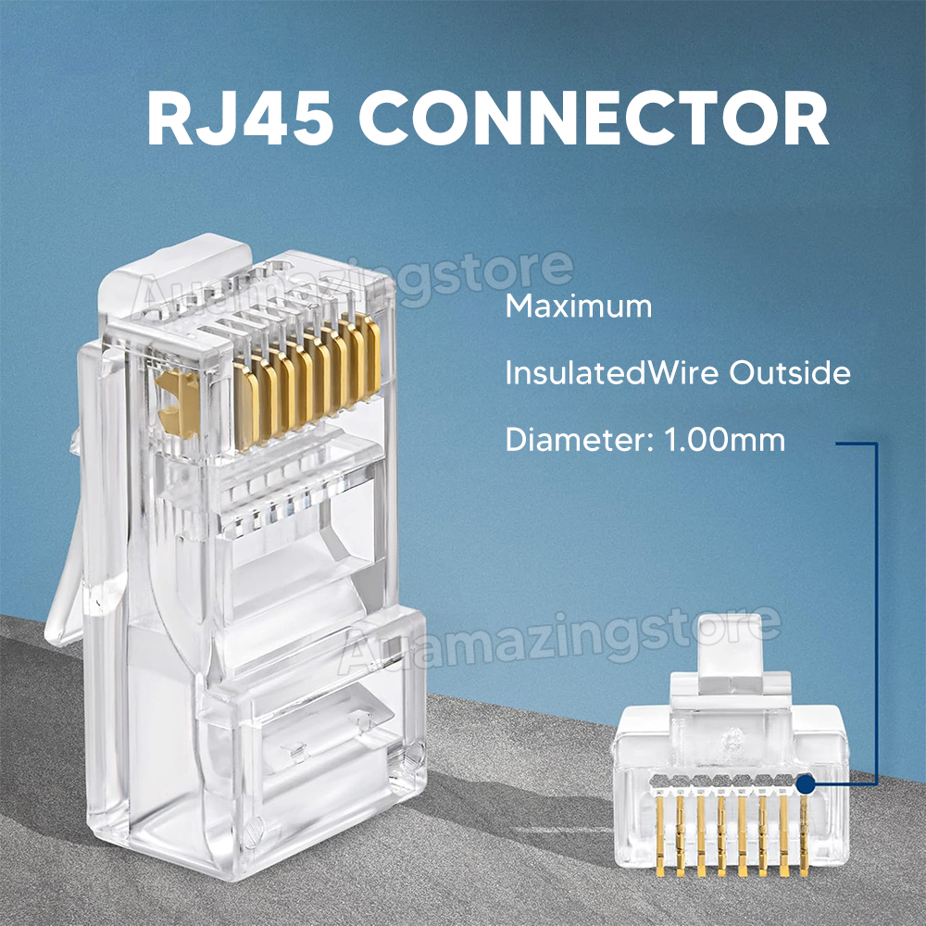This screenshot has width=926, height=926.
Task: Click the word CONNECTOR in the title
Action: pos(594,119)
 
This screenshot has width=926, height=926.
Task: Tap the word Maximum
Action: pos(579,307)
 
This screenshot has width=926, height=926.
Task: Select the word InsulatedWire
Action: pos(612,373)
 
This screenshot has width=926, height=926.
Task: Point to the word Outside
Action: pos(790,373)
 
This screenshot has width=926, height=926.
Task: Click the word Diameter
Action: pos(579,440)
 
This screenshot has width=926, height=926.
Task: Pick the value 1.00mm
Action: pos(725,440)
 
